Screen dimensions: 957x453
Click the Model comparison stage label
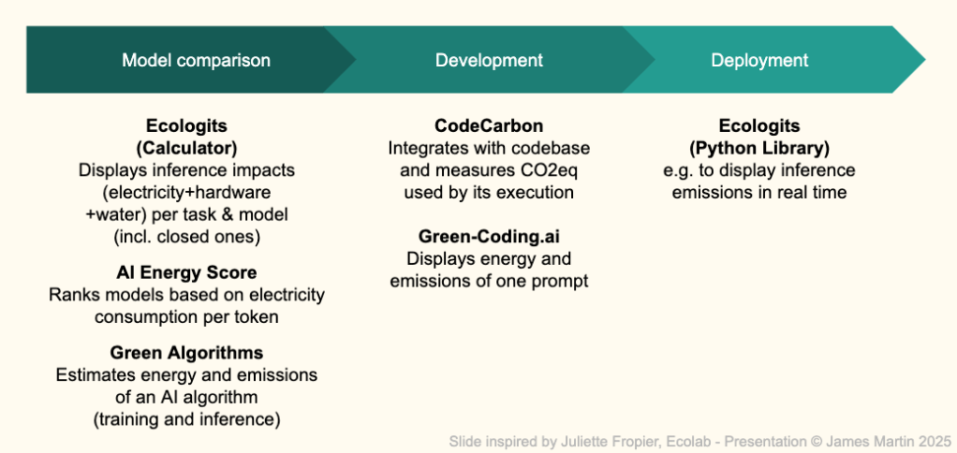pos(196,60)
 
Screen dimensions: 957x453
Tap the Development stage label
pos(489,60)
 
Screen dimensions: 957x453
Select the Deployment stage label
pos(759,60)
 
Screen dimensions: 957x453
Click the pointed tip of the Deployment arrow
pos(925,60)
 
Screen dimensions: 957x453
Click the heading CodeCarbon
pos(489,125)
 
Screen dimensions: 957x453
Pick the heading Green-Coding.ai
pos(489,236)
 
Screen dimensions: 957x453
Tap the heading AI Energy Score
pos(186,272)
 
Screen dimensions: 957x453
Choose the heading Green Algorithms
pos(186,353)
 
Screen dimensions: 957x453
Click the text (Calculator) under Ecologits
pos(186,148)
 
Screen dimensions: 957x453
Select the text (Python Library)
pos(759,148)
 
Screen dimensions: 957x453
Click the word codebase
pos(553,148)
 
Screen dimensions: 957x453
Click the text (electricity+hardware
pos(186,193)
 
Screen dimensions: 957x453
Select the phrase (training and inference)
pos(186,419)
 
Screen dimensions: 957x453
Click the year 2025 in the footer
pos(935,441)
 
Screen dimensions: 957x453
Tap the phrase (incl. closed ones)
pos(186,237)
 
